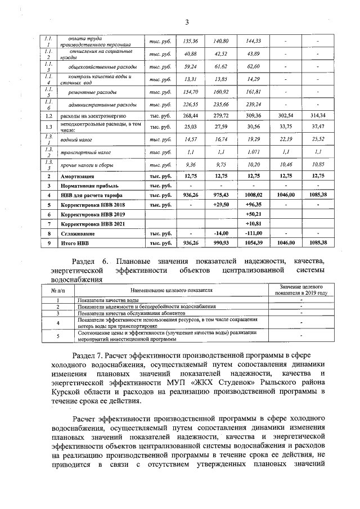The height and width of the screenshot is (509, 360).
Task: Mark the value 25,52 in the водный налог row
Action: pyautogui.click(x=318, y=138)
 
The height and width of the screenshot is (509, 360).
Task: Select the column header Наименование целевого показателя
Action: pyautogui.click(x=171, y=291)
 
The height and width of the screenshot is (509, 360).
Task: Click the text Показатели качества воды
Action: pyautogui.click(x=109, y=300)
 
